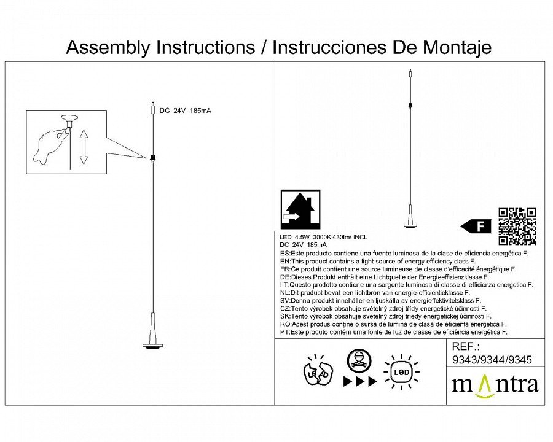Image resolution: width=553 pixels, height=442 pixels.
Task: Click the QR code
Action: [x=517, y=227]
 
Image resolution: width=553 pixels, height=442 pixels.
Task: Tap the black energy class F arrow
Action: [x=476, y=226]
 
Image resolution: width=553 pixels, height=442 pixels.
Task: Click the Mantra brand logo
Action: [x=495, y=384]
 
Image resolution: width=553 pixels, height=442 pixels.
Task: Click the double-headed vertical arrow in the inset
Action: [x=84, y=147]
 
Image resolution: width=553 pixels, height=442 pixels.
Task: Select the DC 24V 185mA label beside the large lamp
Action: [x=186, y=111]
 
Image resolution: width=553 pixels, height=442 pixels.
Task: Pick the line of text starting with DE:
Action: [x=384, y=277]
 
